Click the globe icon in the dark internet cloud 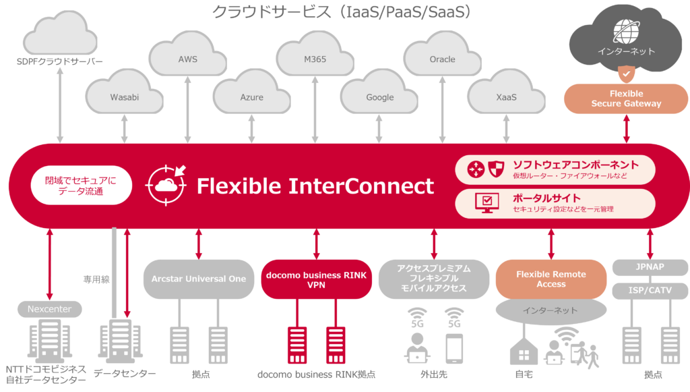point(627,32)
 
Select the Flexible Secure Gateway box point(626,99)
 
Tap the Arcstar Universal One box point(199,279)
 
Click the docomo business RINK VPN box point(317,279)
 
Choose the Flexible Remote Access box point(551,279)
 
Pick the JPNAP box point(650,267)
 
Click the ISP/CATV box point(650,290)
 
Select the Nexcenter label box point(50,309)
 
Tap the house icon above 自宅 point(524,351)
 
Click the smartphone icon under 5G point(454,348)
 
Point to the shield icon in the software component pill point(496,169)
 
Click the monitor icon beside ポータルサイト point(487,203)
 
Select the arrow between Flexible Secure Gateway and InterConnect point(626,129)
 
